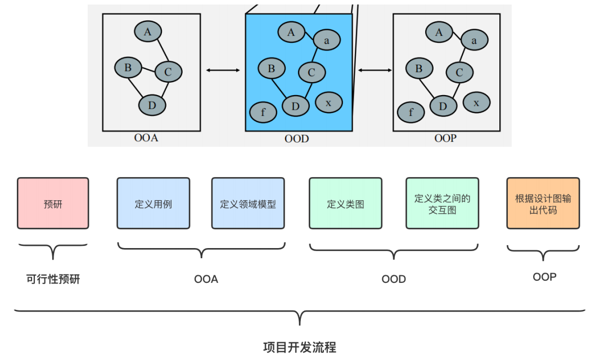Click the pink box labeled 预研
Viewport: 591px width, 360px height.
pos(53,204)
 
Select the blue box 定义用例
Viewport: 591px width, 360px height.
pos(153,204)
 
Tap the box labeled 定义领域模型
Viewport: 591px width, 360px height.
pos(248,204)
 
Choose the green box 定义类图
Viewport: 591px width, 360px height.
pos(345,204)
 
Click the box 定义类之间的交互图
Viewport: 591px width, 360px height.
pos(442,204)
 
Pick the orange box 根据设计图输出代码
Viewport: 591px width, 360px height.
pos(543,204)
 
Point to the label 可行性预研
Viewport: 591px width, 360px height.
pos(53,279)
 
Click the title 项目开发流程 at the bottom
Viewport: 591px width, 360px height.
pos(299,347)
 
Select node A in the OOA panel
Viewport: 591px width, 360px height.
pos(147,32)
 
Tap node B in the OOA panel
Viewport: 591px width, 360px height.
pos(128,68)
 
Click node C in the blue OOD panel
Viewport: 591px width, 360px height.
pos(312,72)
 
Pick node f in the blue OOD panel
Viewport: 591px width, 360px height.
pos(263,112)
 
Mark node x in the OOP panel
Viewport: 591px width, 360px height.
pos(476,103)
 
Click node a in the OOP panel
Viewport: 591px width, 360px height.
pos(474,40)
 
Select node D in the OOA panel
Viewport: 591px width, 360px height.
pos(152,105)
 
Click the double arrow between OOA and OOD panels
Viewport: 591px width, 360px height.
pos(223,70)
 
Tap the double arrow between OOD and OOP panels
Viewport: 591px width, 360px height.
pos(375,70)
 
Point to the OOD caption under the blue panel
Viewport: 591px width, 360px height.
pos(296,138)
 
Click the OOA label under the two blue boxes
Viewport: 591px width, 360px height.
pos(206,279)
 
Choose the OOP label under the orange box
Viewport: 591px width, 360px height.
pos(544,277)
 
